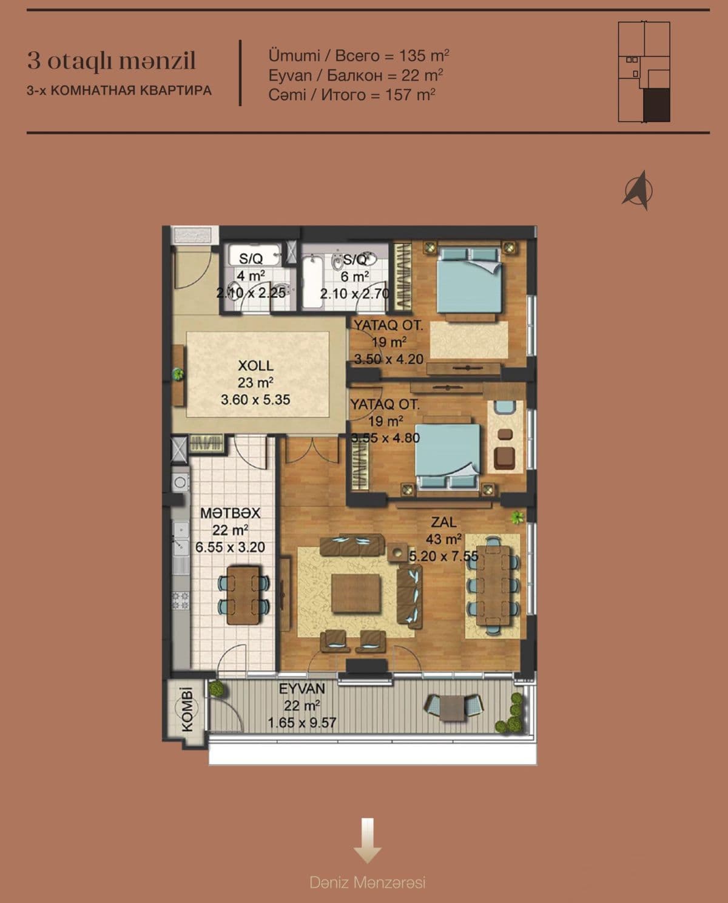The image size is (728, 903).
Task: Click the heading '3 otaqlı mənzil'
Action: tap(111, 61)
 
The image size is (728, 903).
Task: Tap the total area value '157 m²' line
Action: tap(352, 95)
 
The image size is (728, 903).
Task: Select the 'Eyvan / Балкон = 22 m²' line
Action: tap(356, 75)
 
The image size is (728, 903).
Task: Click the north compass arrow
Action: tap(638, 190)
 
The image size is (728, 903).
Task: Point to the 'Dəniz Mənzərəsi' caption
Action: tap(367, 882)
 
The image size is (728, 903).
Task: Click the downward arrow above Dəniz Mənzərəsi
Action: tap(367, 840)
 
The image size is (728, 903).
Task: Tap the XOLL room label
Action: tap(255, 366)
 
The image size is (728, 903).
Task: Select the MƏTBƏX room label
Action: tap(230, 513)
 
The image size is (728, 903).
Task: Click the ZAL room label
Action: tap(444, 522)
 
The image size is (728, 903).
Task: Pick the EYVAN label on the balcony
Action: tap(302, 689)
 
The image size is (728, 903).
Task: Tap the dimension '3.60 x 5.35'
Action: tap(255, 400)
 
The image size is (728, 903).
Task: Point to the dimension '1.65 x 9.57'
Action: tap(302, 723)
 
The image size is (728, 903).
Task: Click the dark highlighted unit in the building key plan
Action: tap(656, 104)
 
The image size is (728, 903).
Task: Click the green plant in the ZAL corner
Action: tap(517, 517)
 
